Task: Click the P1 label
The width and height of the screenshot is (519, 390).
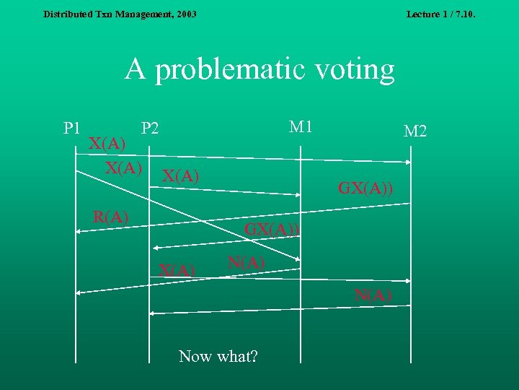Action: coord(71,129)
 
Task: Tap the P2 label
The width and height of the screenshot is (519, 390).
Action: coord(151,129)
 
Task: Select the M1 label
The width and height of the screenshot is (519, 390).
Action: coord(300,126)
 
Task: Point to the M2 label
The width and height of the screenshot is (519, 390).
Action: coord(415,131)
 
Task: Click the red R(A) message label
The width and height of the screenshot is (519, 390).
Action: coord(111,216)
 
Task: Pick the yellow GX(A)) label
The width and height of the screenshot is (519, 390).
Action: coord(365,189)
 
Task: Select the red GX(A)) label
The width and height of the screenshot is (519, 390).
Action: coord(272,230)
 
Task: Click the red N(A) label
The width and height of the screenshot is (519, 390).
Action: coord(373,294)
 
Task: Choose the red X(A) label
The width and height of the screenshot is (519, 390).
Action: coord(177,271)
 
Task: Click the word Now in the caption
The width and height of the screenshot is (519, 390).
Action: coord(195,356)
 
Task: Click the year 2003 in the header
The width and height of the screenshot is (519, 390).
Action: coord(186,14)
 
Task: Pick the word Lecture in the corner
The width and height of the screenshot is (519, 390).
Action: coord(425,14)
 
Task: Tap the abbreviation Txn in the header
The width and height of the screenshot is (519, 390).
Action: coord(105,14)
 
